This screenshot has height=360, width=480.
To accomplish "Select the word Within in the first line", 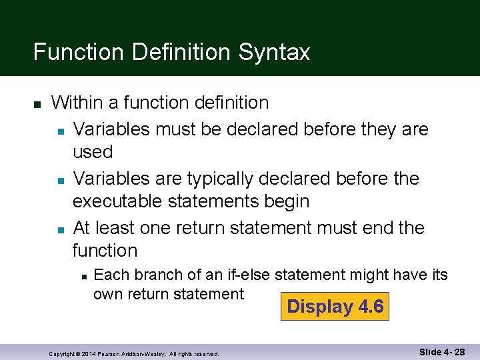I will [x=79, y=103].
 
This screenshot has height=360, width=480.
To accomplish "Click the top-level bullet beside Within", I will [x=37, y=104].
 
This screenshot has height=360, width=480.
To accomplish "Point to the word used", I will [x=93, y=152].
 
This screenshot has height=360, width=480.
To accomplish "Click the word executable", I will [x=124, y=201].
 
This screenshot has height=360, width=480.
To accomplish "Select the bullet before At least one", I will [x=59, y=229].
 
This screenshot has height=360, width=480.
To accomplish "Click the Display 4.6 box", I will [x=335, y=307].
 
